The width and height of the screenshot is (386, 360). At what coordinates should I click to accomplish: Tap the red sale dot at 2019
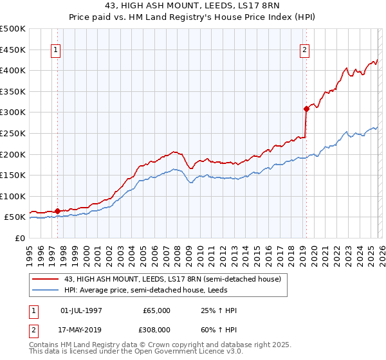pyautogui.click(x=306, y=109)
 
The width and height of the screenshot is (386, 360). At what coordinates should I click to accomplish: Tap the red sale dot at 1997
pyautogui.click(x=57, y=211)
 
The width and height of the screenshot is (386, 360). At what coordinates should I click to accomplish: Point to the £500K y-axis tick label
pyautogui.click(x=13, y=29)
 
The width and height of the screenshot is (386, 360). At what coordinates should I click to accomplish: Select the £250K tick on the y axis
pyautogui.click(x=13, y=133)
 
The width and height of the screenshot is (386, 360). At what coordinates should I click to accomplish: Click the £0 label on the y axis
pyautogui.click(x=21, y=238)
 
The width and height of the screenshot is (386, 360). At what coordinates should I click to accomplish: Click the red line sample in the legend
pyautogui.click(x=46, y=279)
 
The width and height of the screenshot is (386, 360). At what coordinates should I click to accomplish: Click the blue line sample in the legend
pyautogui.click(x=46, y=290)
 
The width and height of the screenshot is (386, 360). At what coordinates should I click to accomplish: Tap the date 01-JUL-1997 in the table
pyautogui.click(x=81, y=310)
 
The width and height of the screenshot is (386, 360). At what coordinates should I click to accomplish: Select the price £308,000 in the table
pyautogui.click(x=157, y=328)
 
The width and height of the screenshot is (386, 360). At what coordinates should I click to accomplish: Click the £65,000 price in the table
pyautogui.click(x=157, y=310)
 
